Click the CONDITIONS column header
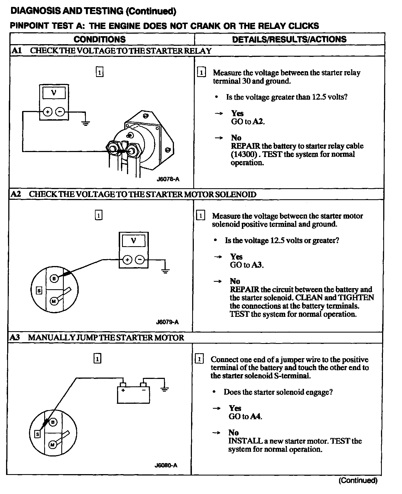[x=99, y=39]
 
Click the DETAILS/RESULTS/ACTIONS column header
[x=289, y=39]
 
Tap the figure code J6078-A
[x=168, y=179]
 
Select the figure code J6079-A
[x=167, y=322]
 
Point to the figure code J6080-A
[x=166, y=465]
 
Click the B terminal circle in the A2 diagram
[x=54, y=279]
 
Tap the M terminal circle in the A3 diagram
[x=52, y=445]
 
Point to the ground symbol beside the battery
[x=165, y=389]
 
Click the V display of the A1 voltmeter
[x=54, y=93]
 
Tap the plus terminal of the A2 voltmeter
[x=127, y=260]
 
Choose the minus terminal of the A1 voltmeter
[x=60, y=112]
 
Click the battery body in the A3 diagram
[x=133, y=395]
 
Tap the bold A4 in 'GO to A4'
[x=256, y=416]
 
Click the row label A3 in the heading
[x=15, y=338]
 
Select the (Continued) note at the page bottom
[x=358, y=480]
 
